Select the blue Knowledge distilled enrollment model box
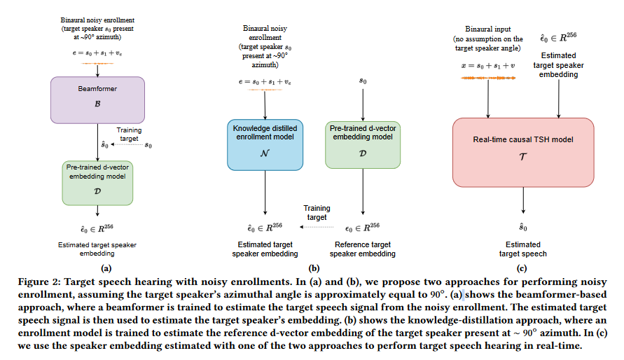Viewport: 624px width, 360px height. [x=265, y=145]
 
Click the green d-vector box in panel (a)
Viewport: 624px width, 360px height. [x=97, y=182]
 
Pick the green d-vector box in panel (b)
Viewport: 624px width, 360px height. [x=362, y=145]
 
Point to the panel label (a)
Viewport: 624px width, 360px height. [x=106, y=268]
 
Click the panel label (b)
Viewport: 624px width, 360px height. [x=314, y=268]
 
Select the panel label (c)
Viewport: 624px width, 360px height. [x=522, y=268]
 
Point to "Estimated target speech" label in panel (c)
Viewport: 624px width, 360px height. [x=523, y=249]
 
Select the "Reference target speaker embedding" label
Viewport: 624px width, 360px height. [x=362, y=249]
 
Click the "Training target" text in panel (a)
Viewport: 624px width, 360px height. [x=129, y=134]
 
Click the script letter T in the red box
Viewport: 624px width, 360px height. [x=523, y=159]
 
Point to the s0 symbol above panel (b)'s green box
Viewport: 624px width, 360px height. [x=363, y=81]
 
